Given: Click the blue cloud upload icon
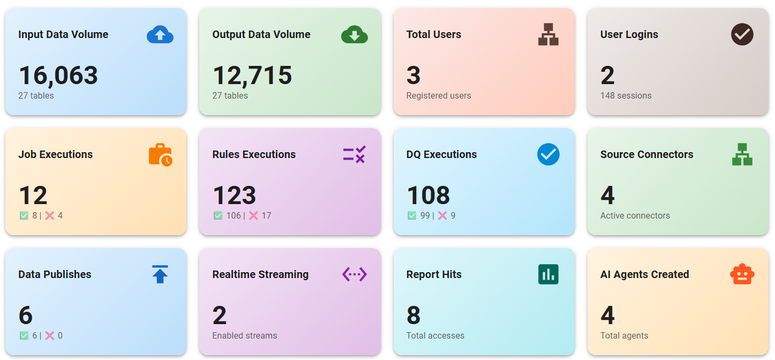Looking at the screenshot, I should (x=160, y=35).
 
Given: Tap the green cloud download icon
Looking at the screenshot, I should (x=354, y=35).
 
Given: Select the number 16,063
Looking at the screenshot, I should (x=58, y=76).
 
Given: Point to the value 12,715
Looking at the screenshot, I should (x=252, y=76).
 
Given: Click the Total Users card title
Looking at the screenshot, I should (x=434, y=34).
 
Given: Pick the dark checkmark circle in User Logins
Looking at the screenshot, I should (x=742, y=35).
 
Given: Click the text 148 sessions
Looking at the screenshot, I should (x=626, y=96).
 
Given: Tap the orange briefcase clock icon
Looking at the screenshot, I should (x=160, y=155).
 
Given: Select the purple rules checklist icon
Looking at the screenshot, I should (x=354, y=155).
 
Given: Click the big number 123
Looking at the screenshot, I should (x=235, y=196).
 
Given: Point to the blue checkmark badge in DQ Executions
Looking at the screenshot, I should (x=548, y=155).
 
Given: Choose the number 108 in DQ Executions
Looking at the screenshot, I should (x=428, y=196).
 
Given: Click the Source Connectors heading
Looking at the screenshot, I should (x=646, y=154).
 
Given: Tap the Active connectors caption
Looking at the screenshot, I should (x=635, y=216).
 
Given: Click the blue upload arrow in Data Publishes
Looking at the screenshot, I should (x=160, y=274).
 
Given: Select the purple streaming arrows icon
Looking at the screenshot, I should (x=354, y=274).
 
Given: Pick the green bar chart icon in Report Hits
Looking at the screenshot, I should (x=548, y=274).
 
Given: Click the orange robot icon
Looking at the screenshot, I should (x=742, y=274).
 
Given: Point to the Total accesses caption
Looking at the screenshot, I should (x=435, y=336).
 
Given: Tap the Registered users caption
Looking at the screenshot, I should (x=439, y=96).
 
